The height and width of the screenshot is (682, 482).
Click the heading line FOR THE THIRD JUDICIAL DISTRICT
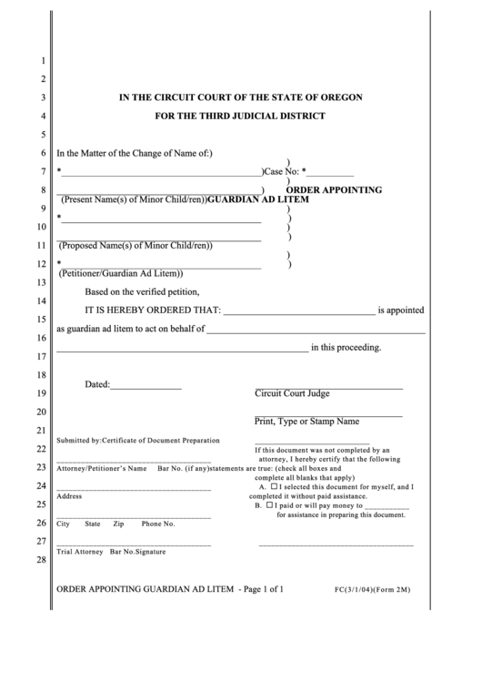(240, 117)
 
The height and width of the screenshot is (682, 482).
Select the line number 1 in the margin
(42, 62)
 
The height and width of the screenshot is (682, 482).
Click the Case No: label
(281, 171)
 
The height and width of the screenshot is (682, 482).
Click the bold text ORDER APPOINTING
(334, 190)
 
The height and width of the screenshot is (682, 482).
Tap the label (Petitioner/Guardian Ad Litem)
(121, 273)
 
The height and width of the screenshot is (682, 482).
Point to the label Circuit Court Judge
(292, 394)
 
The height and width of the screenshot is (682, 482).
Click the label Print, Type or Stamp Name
(306, 422)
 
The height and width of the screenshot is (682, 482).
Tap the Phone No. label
(157, 524)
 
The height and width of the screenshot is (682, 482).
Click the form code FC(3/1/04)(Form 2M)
(373, 590)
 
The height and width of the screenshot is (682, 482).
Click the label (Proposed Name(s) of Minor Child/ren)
(136, 245)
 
